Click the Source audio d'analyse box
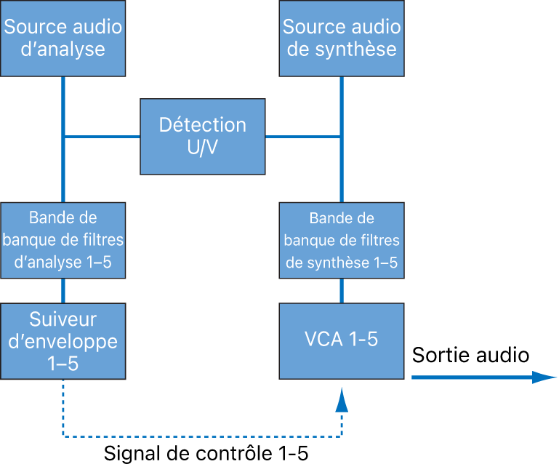click(x=63, y=39)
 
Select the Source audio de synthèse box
click(x=342, y=39)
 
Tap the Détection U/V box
click(x=203, y=136)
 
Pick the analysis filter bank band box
click(x=63, y=240)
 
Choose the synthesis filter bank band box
click(x=342, y=241)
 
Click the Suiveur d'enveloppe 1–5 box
click(x=63, y=341)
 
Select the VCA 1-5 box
click(x=342, y=340)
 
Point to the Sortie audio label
click(x=470, y=356)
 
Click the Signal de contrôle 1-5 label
click(x=206, y=455)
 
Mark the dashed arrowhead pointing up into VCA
click(x=342, y=399)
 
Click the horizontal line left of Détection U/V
click(x=101, y=136)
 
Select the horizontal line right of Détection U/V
click(x=303, y=136)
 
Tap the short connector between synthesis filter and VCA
click(x=342, y=291)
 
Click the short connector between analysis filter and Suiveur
click(x=63, y=291)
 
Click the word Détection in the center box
click(x=203, y=125)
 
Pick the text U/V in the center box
click(x=203, y=148)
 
